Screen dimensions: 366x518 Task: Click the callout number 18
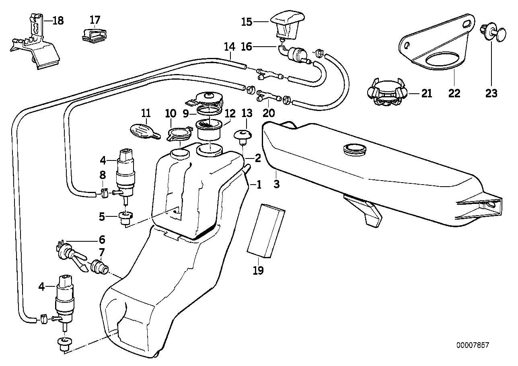(58, 21)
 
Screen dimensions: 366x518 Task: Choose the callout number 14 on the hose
(229, 47)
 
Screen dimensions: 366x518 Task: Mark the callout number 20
(268, 113)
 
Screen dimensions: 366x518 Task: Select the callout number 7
(102, 253)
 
